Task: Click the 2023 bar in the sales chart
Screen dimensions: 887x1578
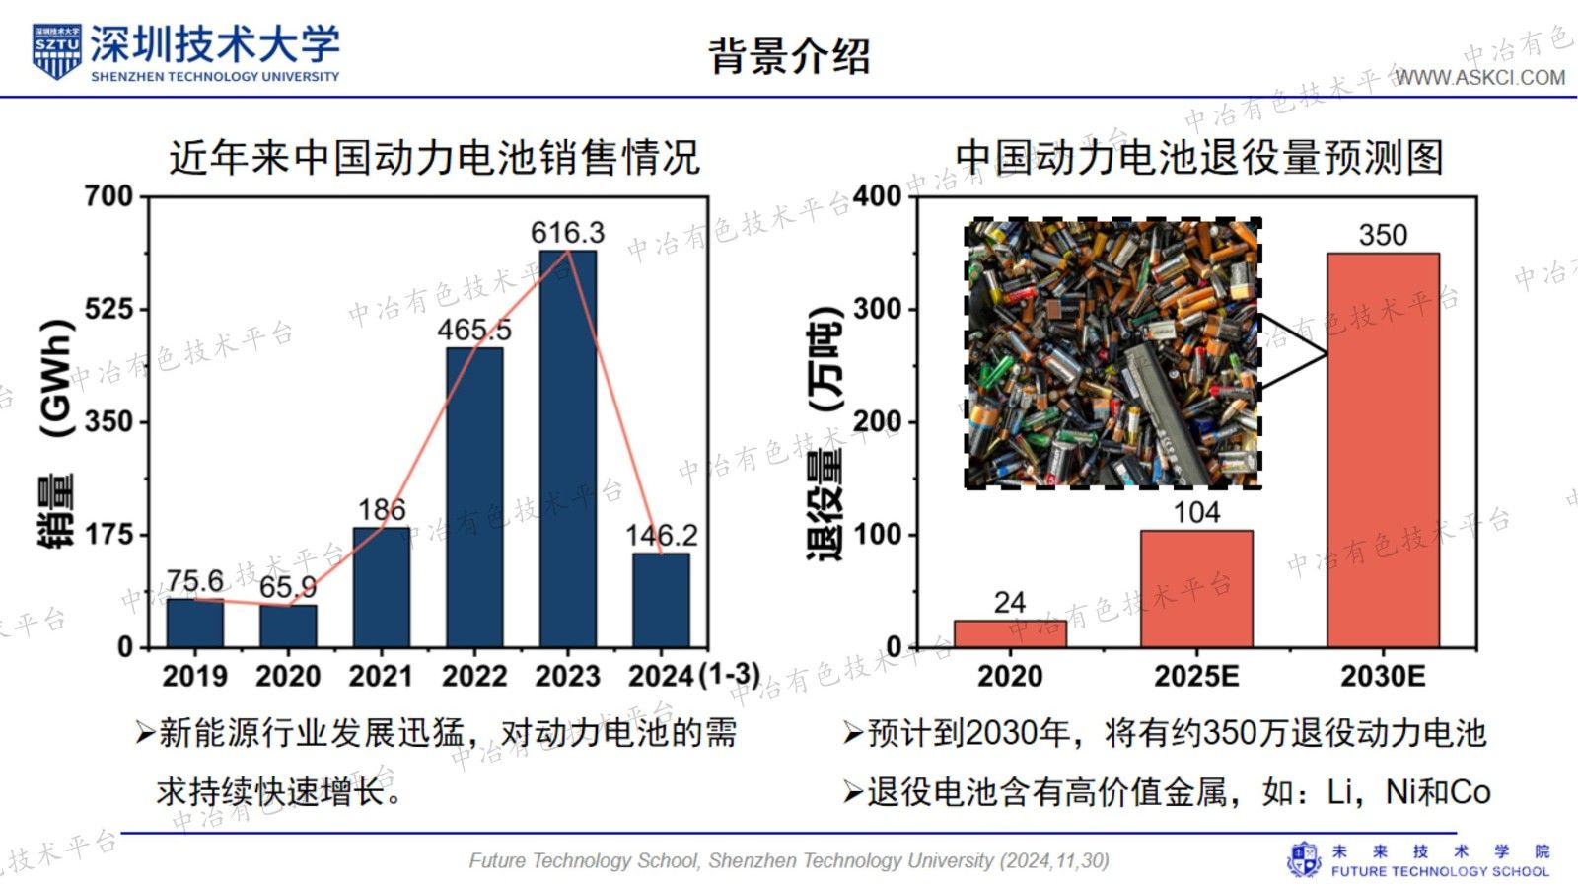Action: coord(568,449)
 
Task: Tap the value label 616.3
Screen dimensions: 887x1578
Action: coord(567,233)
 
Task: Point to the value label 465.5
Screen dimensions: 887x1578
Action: coord(474,330)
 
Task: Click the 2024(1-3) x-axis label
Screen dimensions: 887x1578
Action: coord(694,676)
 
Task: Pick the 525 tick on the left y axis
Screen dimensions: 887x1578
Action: coord(108,309)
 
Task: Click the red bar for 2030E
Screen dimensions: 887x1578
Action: coord(1383,450)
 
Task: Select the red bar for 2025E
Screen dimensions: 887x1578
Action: coord(1196,589)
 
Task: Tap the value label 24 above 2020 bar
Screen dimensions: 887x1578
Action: coord(1010,602)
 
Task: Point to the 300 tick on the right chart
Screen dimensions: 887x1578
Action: coord(877,309)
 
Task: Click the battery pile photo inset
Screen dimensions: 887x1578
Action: coord(1112,353)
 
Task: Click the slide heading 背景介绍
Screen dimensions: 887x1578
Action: coord(790,55)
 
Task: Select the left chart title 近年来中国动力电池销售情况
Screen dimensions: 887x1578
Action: coord(434,158)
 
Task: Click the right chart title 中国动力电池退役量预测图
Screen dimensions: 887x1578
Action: coord(1198,158)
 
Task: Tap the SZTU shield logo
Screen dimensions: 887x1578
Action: coord(56,52)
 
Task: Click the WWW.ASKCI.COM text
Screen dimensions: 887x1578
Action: coord(1480,78)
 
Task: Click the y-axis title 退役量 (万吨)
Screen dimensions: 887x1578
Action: coord(825,434)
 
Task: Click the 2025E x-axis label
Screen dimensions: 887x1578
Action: coord(1196,677)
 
